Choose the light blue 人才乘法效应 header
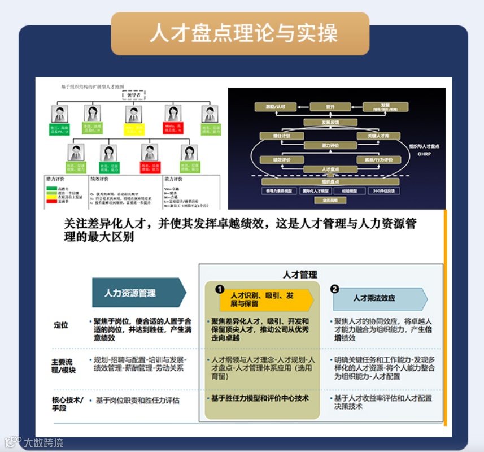click(x=377, y=298)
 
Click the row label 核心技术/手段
click(x=67, y=403)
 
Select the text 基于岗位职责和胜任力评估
click(x=137, y=401)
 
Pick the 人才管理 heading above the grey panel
click(x=300, y=275)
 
